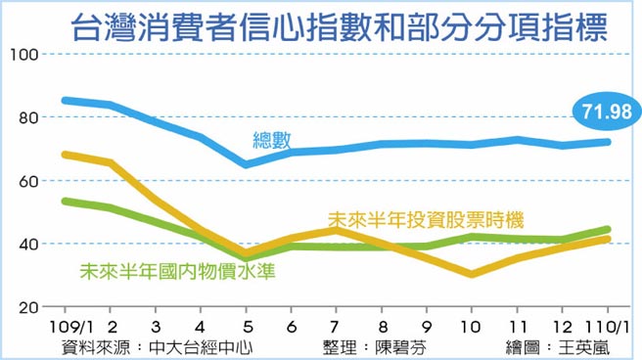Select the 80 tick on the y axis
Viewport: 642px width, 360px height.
(24, 118)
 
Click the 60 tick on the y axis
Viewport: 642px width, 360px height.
(24, 181)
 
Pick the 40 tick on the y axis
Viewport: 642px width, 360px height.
(24, 244)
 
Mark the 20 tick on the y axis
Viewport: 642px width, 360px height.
(24, 307)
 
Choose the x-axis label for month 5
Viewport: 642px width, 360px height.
(247, 326)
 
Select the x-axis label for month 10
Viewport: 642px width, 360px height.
(473, 326)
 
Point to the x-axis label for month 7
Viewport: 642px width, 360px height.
(336, 326)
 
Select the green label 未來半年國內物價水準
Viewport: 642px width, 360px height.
(176, 270)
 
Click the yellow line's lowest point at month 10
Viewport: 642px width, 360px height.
(473, 274)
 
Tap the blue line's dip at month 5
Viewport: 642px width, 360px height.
(247, 164)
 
